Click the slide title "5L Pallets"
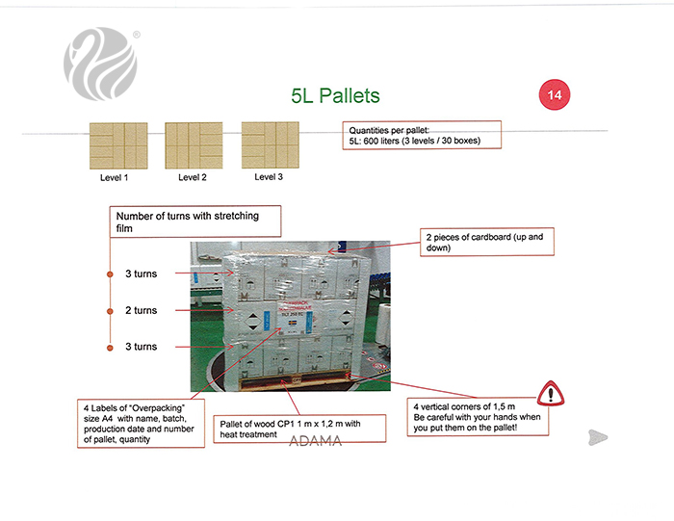335,95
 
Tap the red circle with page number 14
555,94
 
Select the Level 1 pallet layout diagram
117,145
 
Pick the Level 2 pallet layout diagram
194,145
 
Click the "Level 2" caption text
193,178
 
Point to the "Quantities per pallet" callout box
422,135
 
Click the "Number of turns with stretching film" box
197,221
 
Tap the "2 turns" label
141,310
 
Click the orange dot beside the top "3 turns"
110,274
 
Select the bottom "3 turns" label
141,347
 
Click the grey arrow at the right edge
598,437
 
